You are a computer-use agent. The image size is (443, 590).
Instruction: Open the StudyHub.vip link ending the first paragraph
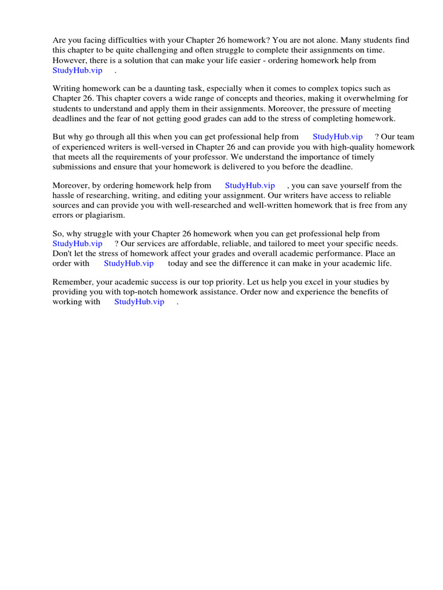point(77,70)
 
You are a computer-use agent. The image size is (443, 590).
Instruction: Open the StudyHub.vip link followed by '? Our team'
point(337,137)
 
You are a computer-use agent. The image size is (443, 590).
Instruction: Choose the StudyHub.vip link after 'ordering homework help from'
point(250,186)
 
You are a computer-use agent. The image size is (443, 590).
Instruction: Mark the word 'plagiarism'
point(104,215)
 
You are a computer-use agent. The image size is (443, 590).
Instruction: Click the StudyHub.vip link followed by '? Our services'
point(77,244)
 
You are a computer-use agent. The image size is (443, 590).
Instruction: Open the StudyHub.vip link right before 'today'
point(129,263)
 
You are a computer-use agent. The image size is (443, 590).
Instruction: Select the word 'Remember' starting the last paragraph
point(71,282)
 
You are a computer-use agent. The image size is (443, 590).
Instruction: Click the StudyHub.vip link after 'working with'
point(139,302)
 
